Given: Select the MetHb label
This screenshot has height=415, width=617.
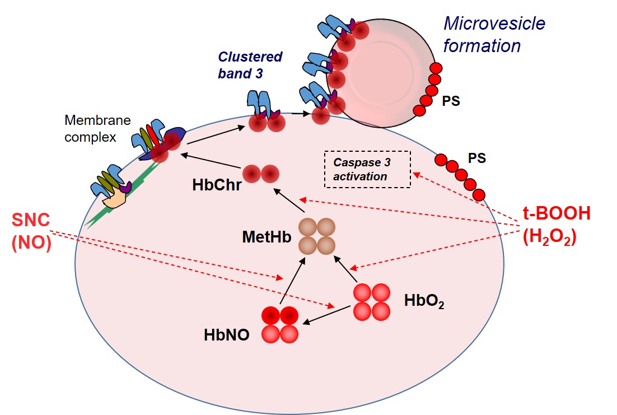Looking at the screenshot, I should (267, 237).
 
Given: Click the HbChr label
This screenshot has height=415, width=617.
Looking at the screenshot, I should (217, 185).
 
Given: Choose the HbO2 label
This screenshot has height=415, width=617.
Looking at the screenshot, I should (424, 302).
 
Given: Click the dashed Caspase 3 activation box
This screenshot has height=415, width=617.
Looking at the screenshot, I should (367, 169).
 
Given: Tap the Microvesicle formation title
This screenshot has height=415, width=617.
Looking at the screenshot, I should (494, 34).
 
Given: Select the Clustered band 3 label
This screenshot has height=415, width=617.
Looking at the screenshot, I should (250, 64).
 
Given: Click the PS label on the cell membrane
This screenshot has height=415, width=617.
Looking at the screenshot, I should (477, 158).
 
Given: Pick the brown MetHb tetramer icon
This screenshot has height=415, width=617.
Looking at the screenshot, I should (316, 236).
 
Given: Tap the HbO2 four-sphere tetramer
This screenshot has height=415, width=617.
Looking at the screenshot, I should (372, 302).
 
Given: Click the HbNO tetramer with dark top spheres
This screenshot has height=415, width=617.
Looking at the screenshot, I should (280, 324).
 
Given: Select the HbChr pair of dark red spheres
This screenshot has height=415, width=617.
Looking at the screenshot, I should (260, 174).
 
